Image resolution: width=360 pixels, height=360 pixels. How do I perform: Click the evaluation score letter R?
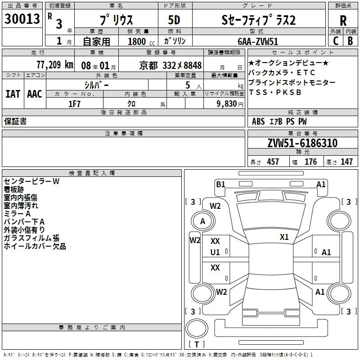(343, 20)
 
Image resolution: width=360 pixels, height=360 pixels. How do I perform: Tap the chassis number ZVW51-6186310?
(302, 144)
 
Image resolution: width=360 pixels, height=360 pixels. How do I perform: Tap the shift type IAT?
(13, 94)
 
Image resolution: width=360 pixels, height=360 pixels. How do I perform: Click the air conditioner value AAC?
(34, 94)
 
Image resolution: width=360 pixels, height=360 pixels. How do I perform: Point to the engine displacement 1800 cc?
(136, 41)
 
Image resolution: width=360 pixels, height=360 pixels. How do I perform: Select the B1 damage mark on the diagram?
(220, 184)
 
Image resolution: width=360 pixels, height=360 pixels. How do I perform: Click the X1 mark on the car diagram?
(284, 237)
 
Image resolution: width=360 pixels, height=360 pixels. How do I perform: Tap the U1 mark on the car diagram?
(215, 252)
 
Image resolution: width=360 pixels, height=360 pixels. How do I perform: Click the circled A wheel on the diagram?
(202, 221)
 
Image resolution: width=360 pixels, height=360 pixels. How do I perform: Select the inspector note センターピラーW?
(31, 181)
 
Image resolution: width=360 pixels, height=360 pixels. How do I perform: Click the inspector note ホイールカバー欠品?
(35, 247)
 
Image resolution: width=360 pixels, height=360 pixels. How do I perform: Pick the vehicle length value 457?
(273, 162)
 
